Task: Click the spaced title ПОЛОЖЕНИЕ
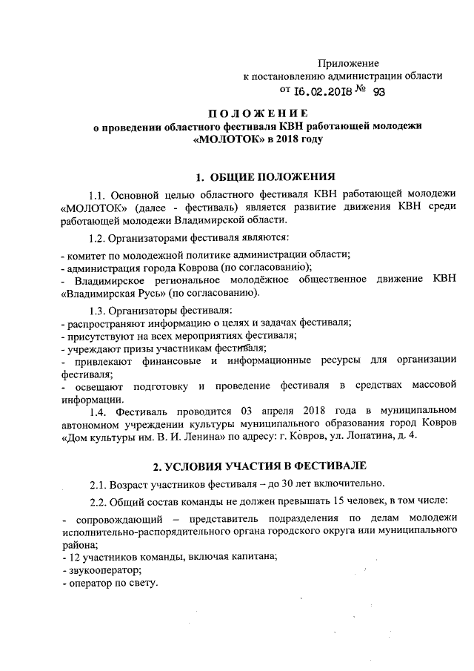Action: (257, 113)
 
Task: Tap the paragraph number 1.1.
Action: (99, 195)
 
